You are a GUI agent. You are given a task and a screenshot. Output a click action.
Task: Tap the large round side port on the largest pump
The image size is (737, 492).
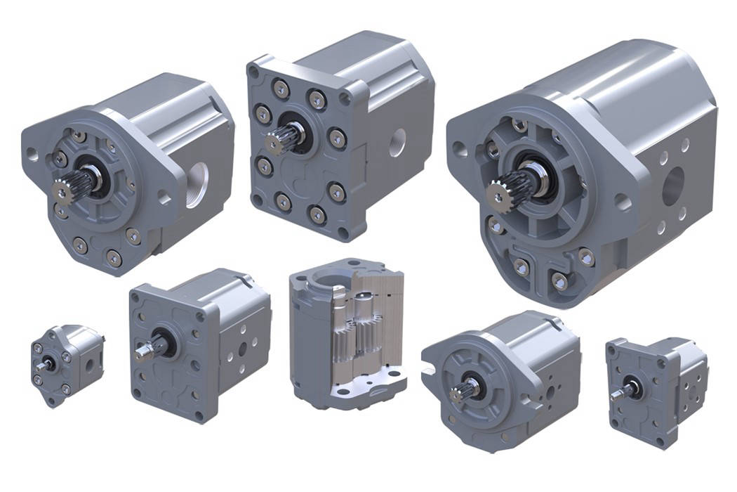click(x=673, y=184)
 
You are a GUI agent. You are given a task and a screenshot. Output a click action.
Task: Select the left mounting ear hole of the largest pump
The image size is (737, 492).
click(x=460, y=149)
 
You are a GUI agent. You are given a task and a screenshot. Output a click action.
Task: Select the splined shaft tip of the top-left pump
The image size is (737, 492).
click(x=65, y=192)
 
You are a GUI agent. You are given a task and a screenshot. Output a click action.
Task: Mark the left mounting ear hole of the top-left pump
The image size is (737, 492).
click(x=32, y=156)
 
